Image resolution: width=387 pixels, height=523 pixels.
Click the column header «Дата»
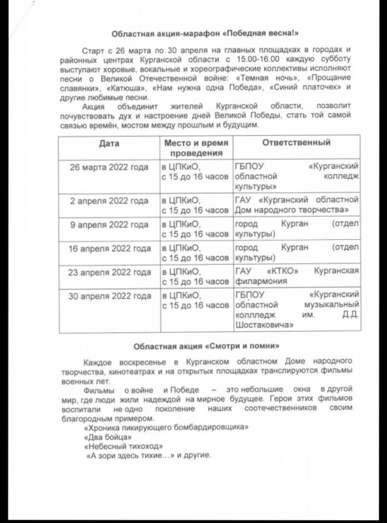109,142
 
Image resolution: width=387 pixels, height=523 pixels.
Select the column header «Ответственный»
296,142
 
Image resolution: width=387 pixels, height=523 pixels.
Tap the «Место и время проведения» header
195,147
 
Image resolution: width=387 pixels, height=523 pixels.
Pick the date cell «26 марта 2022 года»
109,167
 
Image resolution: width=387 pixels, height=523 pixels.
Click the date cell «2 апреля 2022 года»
109,199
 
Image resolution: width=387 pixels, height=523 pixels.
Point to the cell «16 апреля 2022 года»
109,248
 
